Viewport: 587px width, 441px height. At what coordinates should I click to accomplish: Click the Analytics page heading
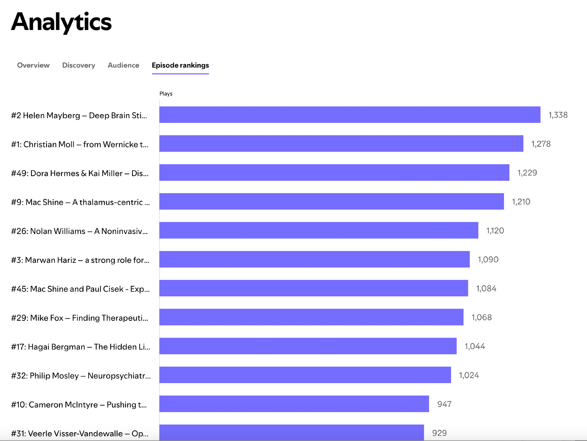(x=61, y=22)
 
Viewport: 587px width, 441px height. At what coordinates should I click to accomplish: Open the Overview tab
(x=33, y=65)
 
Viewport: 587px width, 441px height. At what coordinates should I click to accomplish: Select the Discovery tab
(x=79, y=65)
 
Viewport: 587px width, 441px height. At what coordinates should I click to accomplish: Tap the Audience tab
(x=123, y=65)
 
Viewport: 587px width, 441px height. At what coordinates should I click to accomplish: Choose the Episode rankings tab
(x=180, y=65)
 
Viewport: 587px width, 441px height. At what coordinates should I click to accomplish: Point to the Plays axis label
(x=166, y=94)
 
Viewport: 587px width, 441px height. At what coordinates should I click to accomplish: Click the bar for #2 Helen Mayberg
(x=350, y=115)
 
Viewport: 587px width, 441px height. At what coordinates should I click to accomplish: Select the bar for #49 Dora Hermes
(x=334, y=173)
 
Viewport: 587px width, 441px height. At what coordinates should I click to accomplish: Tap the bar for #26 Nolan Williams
(x=318, y=230)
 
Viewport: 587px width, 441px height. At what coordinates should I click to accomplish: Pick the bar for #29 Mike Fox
(x=311, y=317)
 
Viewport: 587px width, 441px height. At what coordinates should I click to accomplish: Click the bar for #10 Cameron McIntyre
(x=294, y=404)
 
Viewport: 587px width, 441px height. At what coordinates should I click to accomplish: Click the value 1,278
(x=541, y=144)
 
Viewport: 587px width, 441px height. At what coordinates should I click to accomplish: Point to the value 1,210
(x=521, y=202)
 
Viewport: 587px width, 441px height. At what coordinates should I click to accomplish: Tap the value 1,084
(x=486, y=288)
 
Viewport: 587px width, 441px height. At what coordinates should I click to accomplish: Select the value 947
(x=444, y=404)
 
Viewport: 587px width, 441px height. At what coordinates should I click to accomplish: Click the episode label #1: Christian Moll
(x=80, y=144)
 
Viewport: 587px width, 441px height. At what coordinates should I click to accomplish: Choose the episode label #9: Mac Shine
(x=80, y=202)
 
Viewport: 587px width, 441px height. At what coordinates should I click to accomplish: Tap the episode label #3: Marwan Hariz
(x=80, y=260)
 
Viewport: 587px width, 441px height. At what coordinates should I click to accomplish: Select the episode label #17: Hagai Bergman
(x=81, y=347)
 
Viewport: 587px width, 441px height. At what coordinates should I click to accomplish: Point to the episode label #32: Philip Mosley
(x=81, y=376)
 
